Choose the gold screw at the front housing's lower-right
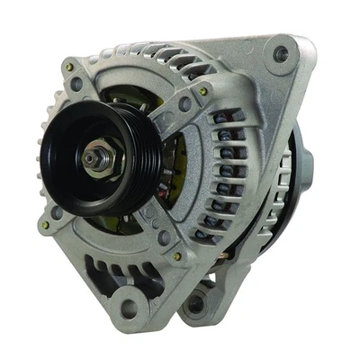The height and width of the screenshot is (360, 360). pos(177,256)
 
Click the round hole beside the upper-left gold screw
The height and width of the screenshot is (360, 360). pos(77,85)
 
